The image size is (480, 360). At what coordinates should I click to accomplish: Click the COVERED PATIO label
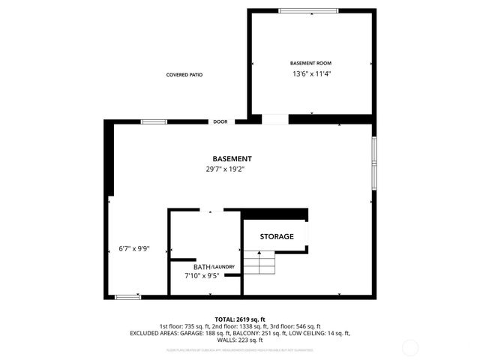pyautogui.click(x=184, y=75)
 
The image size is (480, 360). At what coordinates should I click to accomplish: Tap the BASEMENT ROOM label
pyautogui.click(x=310, y=63)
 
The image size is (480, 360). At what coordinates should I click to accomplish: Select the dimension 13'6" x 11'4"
pyautogui.click(x=310, y=74)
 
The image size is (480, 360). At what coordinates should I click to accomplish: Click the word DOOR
pyautogui.click(x=220, y=121)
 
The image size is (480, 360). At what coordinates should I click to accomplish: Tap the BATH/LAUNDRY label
pyautogui.click(x=214, y=267)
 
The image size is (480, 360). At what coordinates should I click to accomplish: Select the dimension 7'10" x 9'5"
pyautogui.click(x=202, y=276)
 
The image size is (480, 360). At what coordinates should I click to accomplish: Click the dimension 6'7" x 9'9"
pyautogui.click(x=135, y=249)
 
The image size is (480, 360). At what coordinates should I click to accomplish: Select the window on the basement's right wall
pyautogui.click(x=373, y=162)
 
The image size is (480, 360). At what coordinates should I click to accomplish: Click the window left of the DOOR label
pyautogui.click(x=154, y=121)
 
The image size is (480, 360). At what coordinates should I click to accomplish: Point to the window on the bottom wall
pyautogui.click(x=128, y=297)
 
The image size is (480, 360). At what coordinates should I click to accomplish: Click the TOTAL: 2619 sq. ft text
pyautogui.click(x=240, y=319)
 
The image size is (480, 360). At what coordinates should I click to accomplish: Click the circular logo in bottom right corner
pyautogui.click(x=410, y=347)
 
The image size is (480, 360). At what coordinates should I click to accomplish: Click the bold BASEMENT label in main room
pyautogui.click(x=232, y=159)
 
